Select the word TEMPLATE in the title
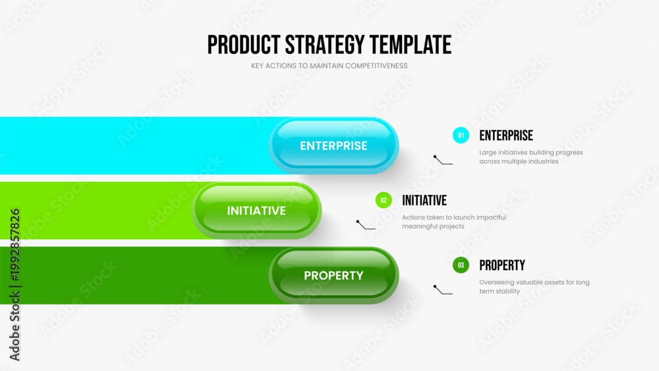point(411,45)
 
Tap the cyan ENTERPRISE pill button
point(333,146)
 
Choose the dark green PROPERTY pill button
point(333,275)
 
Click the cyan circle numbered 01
point(461,135)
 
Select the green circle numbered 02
point(384,200)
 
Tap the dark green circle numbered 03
point(461,265)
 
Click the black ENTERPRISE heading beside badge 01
point(506,136)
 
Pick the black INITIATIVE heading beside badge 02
point(424,200)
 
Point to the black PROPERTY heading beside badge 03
point(502,266)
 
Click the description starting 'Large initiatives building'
point(531,157)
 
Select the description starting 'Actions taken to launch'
point(454,222)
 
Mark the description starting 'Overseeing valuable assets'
point(534,287)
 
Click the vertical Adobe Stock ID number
point(15,245)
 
